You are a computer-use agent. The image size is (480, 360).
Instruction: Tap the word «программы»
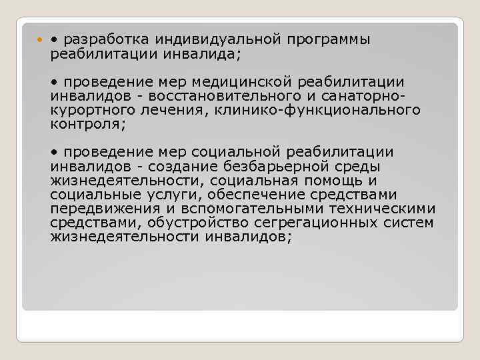(x=329, y=39)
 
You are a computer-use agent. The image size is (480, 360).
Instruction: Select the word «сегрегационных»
(x=320, y=222)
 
